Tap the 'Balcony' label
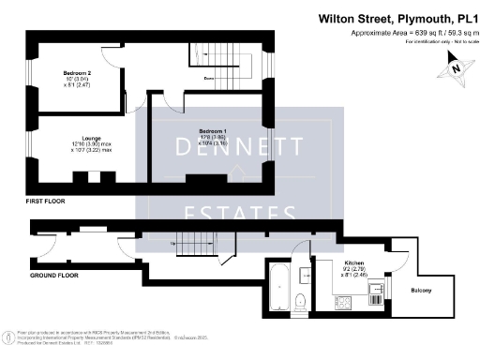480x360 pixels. click(421, 291)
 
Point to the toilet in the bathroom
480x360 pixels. click(298, 302)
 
